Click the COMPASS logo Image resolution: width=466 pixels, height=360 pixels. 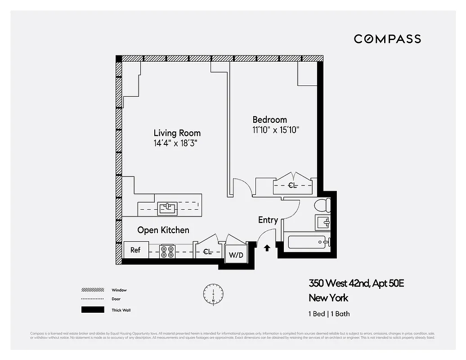point(387,39)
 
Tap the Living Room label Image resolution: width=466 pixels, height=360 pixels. point(177,133)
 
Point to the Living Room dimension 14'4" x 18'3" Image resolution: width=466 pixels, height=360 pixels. point(176,144)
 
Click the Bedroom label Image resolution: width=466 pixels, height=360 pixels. point(269,120)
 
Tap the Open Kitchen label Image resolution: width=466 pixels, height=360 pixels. point(163,230)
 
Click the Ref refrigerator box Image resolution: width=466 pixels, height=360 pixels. point(135,250)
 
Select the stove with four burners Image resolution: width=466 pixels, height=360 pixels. point(168,251)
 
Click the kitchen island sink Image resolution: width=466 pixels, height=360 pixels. point(168,208)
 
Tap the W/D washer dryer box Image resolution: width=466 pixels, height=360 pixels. point(236,256)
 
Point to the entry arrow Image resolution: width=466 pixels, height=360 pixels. point(267,247)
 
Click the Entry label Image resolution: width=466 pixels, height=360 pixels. point(268,220)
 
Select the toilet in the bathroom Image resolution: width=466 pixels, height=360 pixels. point(322,206)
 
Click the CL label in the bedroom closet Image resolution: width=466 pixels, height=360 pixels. point(292,185)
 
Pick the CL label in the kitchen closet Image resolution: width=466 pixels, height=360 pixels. point(207,252)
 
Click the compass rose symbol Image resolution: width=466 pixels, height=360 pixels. point(213,293)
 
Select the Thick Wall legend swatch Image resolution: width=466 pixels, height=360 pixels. point(92,310)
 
